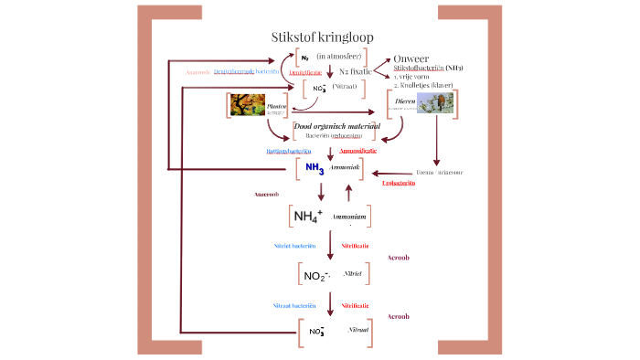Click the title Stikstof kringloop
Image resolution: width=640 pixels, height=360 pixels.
(321, 37)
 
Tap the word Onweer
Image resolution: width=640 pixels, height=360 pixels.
(411, 58)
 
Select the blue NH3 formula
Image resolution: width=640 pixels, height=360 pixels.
(315, 169)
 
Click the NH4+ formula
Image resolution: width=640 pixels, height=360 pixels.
(308, 217)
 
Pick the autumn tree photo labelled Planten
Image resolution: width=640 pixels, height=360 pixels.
(248, 105)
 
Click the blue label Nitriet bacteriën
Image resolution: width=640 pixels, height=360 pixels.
(294, 246)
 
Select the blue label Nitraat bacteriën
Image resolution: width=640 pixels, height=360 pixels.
(294, 304)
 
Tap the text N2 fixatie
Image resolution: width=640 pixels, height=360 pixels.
(356, 70)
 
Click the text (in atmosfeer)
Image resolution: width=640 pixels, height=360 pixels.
(340, 57)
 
